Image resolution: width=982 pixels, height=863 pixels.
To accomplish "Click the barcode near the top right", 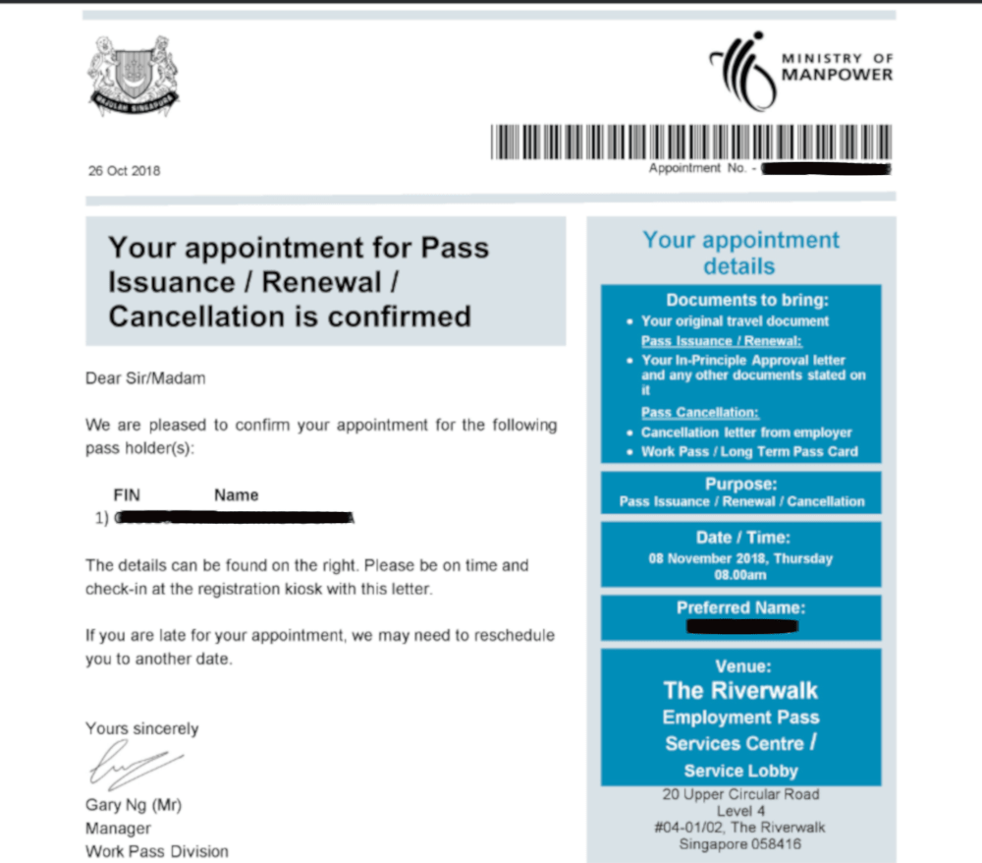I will pyautogui.click(x=691, y=143).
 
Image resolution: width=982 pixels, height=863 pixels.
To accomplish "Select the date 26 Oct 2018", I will pyautogui.click(x=124, y=170).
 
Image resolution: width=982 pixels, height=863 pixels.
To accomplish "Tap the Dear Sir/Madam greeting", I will pyautogui.click(x=145, y=377).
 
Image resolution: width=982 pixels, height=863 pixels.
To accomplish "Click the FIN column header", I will pyautogui.click(x=128, y=494).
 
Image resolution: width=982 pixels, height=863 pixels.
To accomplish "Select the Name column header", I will pyautogui.click(x=237, y=494).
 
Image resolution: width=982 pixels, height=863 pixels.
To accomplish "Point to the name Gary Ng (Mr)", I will pyautogui.click(x=134, y=805).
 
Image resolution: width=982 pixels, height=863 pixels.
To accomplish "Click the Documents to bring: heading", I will pyautogui.click(x=741, y=300).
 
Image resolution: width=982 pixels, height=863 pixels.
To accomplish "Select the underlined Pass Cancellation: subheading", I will pyautogui.click(x=700, y=413).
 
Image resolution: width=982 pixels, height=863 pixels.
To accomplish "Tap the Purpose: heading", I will pyautogui.click(x=741, y=485).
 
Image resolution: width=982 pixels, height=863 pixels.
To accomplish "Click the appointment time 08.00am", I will pyautogui.click(x=740, y=574).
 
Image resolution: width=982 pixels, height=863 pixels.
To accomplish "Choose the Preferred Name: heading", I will pyautogui.click(x=741, y=607).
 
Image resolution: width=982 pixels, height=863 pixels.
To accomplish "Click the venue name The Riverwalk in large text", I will pyautogui.click(x=740, y=690).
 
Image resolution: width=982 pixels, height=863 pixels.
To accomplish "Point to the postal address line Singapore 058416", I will pyautogui.click(x=740, y=842).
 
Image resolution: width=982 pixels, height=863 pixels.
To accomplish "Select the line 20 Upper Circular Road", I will pyautogui.click(x=740, y=794).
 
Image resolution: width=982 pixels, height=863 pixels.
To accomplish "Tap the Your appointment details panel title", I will pyautogui.click(x=740, y=253).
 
